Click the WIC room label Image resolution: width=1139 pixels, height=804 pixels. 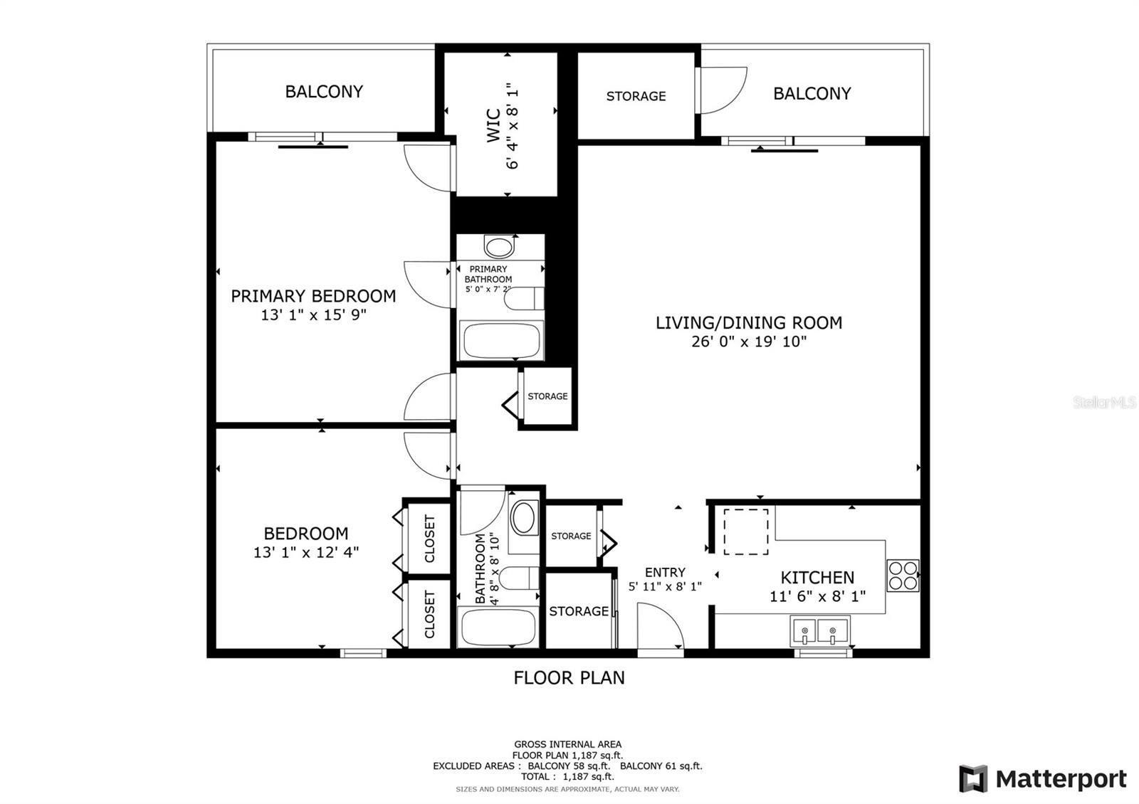493,125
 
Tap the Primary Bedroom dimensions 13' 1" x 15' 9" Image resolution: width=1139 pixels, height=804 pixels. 313,315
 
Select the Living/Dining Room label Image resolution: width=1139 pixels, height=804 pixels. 748,323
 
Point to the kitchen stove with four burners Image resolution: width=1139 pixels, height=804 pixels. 903,576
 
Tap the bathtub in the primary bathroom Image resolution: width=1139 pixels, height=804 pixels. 501,341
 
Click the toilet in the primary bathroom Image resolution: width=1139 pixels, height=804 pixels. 524,298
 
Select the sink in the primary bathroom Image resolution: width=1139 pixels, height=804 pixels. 499,247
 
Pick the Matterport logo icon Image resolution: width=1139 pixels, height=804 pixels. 973,778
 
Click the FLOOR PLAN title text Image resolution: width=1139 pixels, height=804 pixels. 569,677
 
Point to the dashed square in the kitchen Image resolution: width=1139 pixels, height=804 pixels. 746,531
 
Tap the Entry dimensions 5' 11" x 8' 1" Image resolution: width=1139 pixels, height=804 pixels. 665,586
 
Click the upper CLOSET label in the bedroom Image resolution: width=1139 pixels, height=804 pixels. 430,539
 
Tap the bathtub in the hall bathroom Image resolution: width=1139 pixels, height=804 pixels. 498,627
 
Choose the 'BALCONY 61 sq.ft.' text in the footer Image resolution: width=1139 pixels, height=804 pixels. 661,766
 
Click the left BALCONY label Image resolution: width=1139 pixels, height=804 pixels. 324,92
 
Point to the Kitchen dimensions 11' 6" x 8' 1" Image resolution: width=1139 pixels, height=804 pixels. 818,596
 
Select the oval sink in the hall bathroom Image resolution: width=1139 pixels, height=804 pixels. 524,518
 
